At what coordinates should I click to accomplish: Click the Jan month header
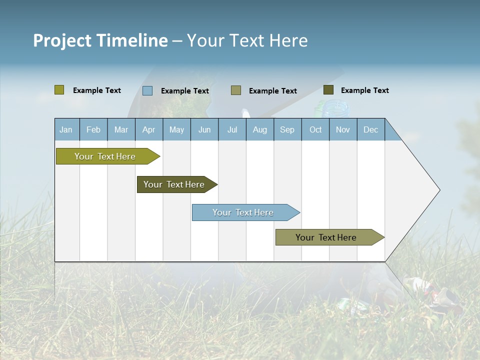66,129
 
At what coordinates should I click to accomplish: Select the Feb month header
93,129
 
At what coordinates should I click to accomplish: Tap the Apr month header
148,129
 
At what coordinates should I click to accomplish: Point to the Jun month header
204,129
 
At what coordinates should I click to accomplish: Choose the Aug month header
260,129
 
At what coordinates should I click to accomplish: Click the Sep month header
287,129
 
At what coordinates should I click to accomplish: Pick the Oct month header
315,129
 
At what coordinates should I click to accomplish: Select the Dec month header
370,129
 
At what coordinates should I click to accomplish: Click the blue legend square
147,90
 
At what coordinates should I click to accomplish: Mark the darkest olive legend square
328,90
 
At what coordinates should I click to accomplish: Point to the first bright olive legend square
59,90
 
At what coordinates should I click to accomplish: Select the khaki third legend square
236,90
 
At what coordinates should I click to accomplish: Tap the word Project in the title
62,40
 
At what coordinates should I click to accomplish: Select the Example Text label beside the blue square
185,91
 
